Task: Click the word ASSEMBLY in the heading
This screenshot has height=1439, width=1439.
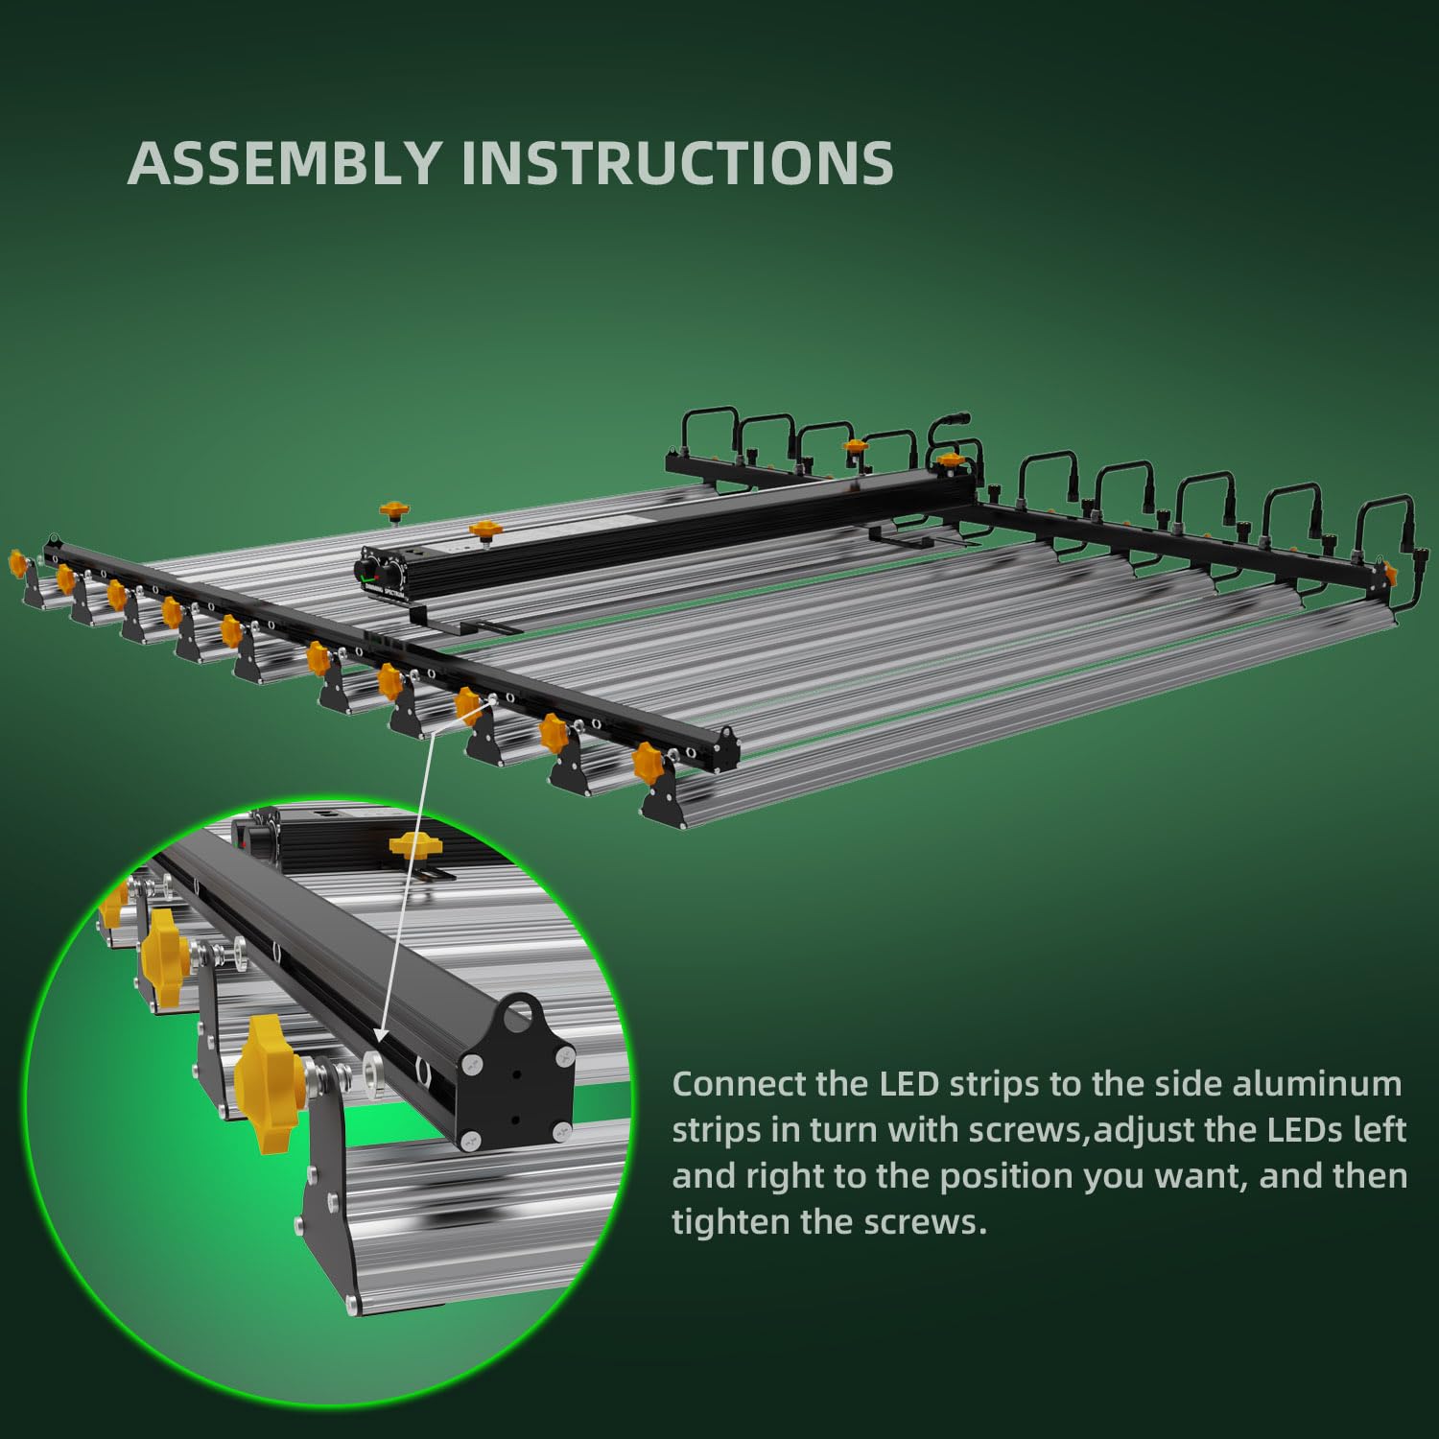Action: (285, 162)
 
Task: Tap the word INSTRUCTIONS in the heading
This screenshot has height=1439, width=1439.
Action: (677, 162)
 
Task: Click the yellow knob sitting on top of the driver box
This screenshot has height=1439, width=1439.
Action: (485, 529)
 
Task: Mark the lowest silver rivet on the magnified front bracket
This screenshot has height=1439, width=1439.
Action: (352, 1303)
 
